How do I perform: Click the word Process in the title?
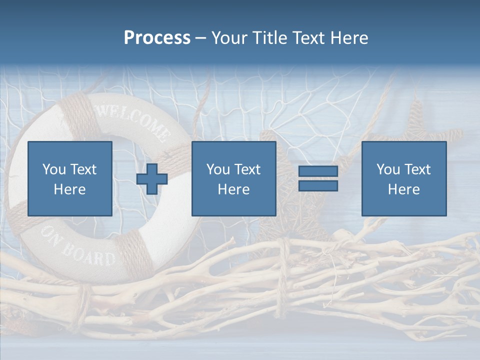pos(157,38)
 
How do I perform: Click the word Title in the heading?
pos(269,38)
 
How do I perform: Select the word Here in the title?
pos(348,38)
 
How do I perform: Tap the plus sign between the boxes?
pos(152,179)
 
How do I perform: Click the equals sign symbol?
pos(318,178)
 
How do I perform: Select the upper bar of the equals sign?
pos(318,171)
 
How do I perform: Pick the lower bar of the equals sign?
pos(318,185)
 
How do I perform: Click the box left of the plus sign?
pos(70,178)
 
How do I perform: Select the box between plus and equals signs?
pos(233,178)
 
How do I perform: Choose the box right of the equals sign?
pos(403,178)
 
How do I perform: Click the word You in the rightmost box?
pos(388,169)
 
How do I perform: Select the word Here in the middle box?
pos(233,189)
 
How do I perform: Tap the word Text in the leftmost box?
pos(83,169)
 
